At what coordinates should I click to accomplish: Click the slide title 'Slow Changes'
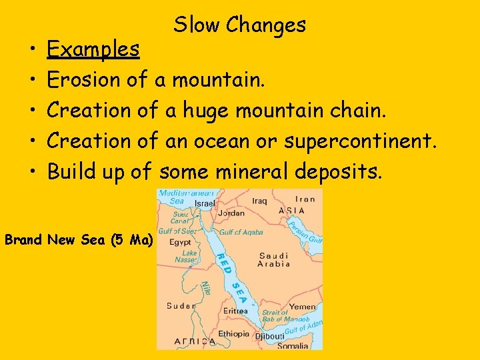(239, 25)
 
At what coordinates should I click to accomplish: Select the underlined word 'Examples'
(93, 49)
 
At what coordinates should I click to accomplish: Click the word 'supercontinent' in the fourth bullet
(360, 141)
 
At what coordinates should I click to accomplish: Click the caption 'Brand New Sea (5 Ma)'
(78, 239)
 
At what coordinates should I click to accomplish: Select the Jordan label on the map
(231, 213)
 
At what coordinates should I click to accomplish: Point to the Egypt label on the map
(180, 243)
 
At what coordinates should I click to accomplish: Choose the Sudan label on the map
(181, 306)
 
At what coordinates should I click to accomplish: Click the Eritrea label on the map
(236, 311)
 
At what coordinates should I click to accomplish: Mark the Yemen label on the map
(303, 307)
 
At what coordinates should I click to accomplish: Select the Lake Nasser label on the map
(189, 257)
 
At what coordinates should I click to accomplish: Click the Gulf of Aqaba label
(241, 232)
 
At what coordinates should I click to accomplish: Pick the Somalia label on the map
(293, 345)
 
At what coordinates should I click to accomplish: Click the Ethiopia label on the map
(233, 334)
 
